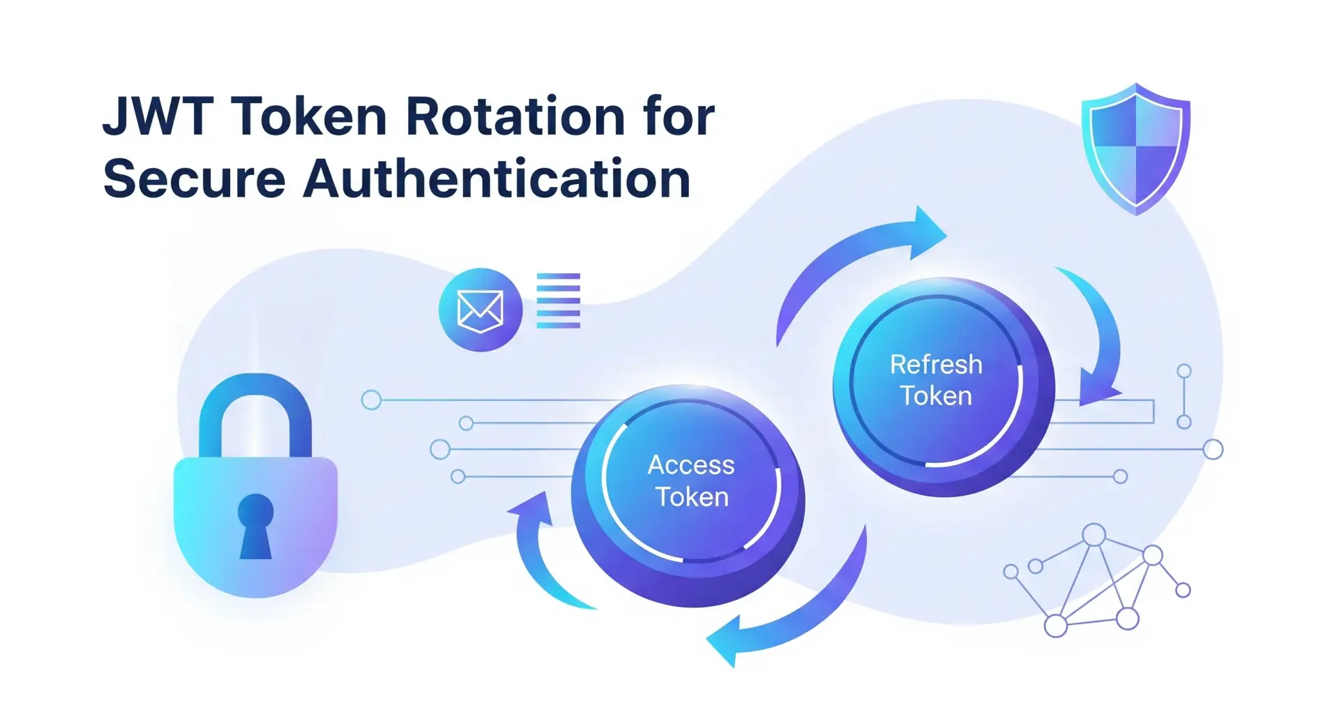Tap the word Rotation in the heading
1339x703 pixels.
tap(515, 116)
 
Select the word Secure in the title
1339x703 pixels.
tap(195, 179)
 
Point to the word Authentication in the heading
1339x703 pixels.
tap(497, 179)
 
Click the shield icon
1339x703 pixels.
tap(1136, 149)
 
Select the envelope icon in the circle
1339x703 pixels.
tap(480, 310)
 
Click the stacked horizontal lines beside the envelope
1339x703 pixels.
tap(558, 301)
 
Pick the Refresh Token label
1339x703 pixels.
tap(936, 380)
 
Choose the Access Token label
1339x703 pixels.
tap(691, 481)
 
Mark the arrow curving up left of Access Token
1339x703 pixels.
tap(540, 551)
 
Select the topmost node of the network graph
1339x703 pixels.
tap(1094, 535)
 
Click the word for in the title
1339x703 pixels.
tap(679, 116)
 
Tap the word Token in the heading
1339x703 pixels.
tap(310, 116)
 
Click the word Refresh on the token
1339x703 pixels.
tap(936, 365)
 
